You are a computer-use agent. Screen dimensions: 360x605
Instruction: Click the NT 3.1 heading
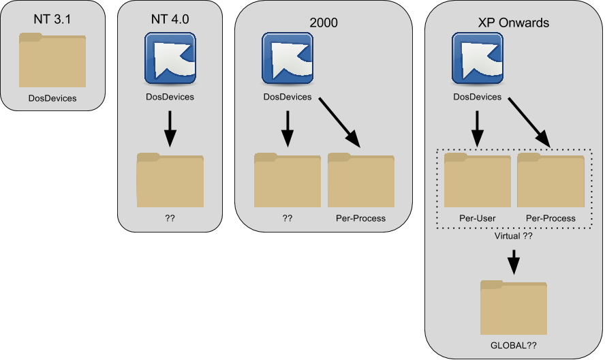point(52,20)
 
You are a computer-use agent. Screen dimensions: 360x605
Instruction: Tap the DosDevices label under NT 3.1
point(52,98)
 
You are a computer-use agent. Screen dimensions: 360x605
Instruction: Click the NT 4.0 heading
point(170,19)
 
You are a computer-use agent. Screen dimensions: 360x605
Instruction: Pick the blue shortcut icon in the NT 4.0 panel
point(170,59)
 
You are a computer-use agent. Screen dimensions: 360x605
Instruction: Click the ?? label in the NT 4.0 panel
point(170,218)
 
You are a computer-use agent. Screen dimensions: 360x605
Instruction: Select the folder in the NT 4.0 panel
point(170,180)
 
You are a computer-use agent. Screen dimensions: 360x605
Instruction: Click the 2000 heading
point(324,22)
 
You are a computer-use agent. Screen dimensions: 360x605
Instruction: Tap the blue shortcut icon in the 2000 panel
point(287,59)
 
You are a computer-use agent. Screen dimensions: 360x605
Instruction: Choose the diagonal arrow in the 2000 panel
point(339,121)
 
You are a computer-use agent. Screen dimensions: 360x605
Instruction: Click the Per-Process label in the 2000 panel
point(360,218)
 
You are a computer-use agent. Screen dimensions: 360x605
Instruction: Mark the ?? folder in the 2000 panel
point(287,180)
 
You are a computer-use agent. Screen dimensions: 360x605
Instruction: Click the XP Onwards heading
point(515,22)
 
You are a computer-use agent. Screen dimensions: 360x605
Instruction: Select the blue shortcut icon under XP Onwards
point(478,59)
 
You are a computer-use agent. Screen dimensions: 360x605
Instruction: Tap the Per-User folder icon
point(477,180)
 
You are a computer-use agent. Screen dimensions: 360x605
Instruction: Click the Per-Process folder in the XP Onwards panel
point(550,180)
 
